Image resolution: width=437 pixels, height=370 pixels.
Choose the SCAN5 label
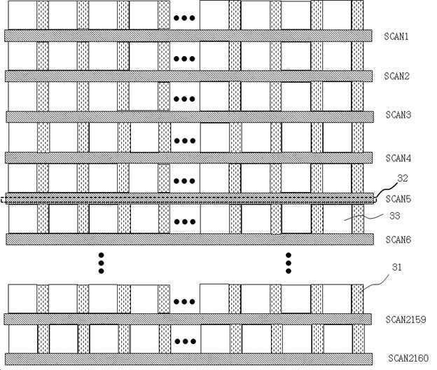click(397, 199)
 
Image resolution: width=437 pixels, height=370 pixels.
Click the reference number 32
click(403, 179)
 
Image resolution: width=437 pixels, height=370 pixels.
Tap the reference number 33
click(394, 217)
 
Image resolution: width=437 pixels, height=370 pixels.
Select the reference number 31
click(396, 267)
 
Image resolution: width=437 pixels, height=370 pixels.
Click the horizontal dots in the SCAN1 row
click(184, 17)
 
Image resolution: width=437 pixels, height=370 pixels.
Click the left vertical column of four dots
click(101, 262)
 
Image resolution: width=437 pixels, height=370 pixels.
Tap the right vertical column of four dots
click(288, 262)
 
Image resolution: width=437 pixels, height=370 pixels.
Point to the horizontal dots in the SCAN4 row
click(184, 139)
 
